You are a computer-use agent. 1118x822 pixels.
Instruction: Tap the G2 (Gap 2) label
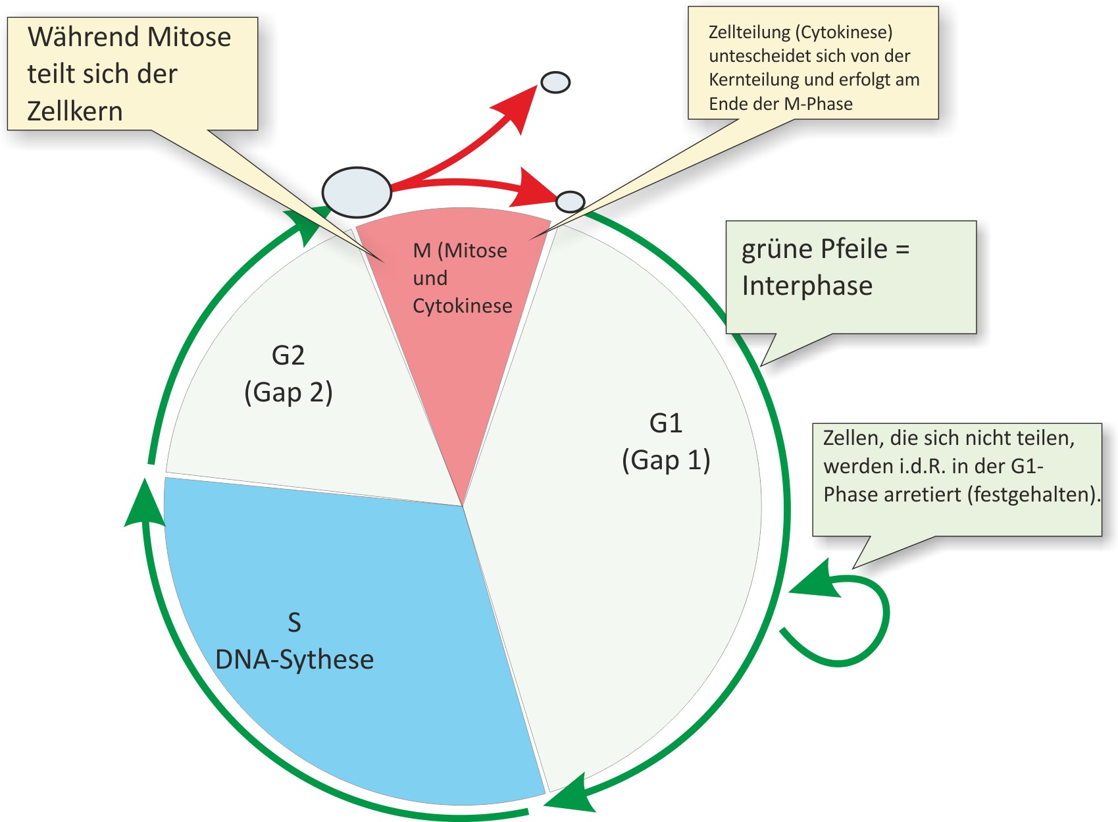pyautogui.click(x=288, y=374)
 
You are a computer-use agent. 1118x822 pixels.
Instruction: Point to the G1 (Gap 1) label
pyautogui.click(x=666, y=441)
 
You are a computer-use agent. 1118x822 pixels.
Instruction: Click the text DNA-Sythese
pyautogui.click(x=295, y=659)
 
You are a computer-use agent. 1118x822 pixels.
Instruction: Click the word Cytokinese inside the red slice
pyautogui.click(x=463, y=305)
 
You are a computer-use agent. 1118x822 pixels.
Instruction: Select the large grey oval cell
pyautogui.click(x=357, y=192)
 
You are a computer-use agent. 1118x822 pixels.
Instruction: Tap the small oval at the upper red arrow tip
pyautogui.click(x=555, y=82)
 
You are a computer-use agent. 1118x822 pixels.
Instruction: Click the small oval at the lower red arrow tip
pyautogui.click(x=570, y=201)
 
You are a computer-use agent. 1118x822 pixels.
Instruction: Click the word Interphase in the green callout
pyautogui.click(x=807, y=286)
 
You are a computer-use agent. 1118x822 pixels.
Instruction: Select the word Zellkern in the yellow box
pyautogui.click(x=75, y=111)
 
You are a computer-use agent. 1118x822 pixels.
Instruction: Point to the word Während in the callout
pyautogui.click(x=84, y=36)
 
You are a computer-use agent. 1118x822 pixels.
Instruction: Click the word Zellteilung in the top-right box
pyautogui.click(x=749, y=32)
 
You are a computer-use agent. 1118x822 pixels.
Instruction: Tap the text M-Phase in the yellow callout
pyautogui.click(x=818, y=104)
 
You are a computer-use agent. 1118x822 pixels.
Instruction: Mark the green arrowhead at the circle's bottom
pyautogui.click(x=570, y=794)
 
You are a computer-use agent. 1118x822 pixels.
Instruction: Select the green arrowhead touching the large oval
pyautogui.click(x=305, y=226)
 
